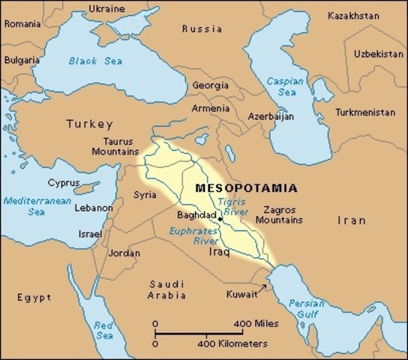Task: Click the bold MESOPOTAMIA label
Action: [245, 187]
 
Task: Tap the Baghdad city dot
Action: [220, 219]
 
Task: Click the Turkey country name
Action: [89, 124]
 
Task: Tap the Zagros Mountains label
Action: [279, 214]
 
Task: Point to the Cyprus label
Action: [64, 182]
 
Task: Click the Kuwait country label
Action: [242, 294]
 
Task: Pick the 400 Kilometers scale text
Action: [232, 343]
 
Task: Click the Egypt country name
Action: [34, 298]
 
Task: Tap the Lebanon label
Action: [94, 208]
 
